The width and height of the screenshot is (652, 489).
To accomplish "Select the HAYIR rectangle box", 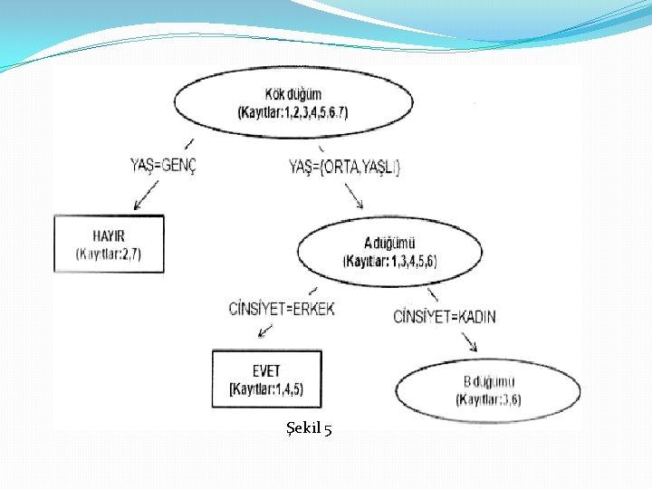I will [x=109, y=243].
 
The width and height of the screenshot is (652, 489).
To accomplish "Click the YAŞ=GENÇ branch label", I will [x=163, y=165].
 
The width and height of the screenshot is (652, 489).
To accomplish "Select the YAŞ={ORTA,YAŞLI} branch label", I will [x=344, y=167].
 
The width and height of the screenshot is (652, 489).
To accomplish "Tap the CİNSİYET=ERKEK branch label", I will [x=282, y=309].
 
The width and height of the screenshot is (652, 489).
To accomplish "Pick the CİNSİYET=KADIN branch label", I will [x=445, y=316].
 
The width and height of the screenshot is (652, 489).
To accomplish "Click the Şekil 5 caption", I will [x=308, y=428].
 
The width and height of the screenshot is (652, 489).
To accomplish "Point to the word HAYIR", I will [x=108, y=236].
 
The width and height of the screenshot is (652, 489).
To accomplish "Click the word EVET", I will [x=266, y=371].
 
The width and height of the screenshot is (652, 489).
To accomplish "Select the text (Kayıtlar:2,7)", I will [x=109, y=254].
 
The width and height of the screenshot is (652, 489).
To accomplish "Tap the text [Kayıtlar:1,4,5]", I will [x=266, y=389].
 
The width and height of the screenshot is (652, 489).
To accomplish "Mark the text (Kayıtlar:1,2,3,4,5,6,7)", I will [x=292, y=112].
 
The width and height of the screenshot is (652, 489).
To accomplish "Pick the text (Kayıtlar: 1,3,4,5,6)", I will [x=389, y=261].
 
